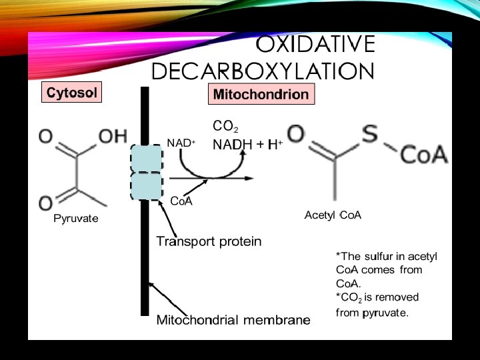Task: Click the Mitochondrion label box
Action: [x=261, y=94]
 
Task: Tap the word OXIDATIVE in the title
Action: [x=315, y=45]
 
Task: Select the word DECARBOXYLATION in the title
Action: [x=263, y=71]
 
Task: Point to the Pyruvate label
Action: [x=75, y=219]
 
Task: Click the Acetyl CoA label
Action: [x=333, y=215]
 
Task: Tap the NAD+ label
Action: [x=181, y=143]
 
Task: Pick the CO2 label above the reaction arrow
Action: [x=225, y=126]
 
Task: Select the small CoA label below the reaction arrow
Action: [x=181, y=201]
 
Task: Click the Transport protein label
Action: [x=209, y=241]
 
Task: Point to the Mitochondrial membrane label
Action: [x=233, y=320]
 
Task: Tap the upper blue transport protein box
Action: [x=146, y=159]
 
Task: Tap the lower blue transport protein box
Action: [x=146, y=186]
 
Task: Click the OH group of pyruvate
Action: [x=113, y=135]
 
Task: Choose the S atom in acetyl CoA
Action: [x=371, y=133]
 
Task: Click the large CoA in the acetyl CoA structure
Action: [x=424, y=155]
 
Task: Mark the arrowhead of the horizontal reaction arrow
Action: [x=249, y=178]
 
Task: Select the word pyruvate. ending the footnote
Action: [x=385, y=312]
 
